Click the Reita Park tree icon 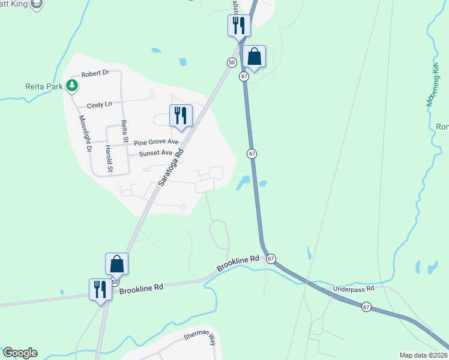pos(72,86)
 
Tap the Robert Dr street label pos(95,73)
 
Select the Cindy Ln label pos(100,104)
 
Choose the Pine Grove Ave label pos(156,143)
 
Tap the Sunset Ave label pos(155,154)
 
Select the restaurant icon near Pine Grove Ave pos(181,115)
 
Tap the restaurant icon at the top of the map pos(238,26)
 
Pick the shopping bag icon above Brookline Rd pos(116,264)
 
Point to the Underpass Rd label pos(354,289)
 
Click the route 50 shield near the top pos(232,62)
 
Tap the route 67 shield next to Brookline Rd pos(271,259)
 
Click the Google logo pos(20,353)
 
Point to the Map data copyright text pos(423,355)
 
